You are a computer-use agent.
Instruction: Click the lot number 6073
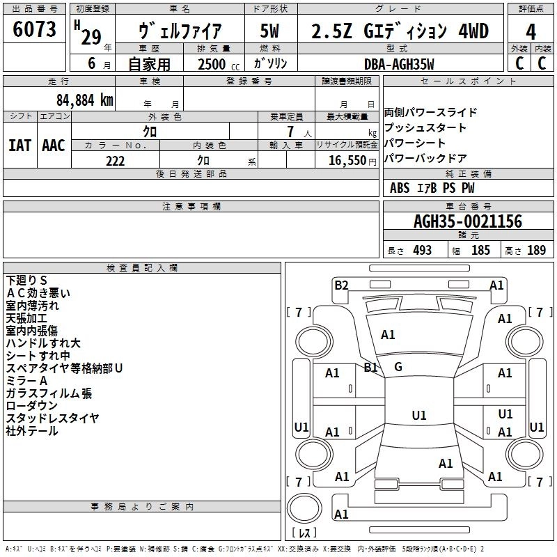click(34, 29)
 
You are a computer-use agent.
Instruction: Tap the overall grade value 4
click(531, 32)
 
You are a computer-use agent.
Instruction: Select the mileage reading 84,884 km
click(85, 100)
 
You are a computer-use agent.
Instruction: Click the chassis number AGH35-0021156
click(468, 221)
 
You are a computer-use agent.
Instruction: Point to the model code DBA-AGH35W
click(399, 64)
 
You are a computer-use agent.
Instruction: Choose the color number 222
click(115, 161)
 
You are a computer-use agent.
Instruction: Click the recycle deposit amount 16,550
click(347, 161)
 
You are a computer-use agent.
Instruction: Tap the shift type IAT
click(19, 146)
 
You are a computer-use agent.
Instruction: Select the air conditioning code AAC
click(54, 146)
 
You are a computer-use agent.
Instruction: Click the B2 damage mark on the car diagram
click(341, 285)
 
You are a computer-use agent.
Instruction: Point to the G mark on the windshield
click(398, 367)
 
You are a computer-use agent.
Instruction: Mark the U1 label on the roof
click(419, 415)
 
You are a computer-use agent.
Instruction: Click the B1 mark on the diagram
click(370, 367)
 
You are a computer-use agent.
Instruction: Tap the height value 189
click(536, 250)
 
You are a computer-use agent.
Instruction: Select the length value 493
click(422, 250)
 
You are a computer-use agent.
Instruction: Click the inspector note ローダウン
click(31, 406)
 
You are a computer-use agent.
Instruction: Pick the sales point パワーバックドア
click(425, 158)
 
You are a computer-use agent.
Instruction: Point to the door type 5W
click(269, 31)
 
